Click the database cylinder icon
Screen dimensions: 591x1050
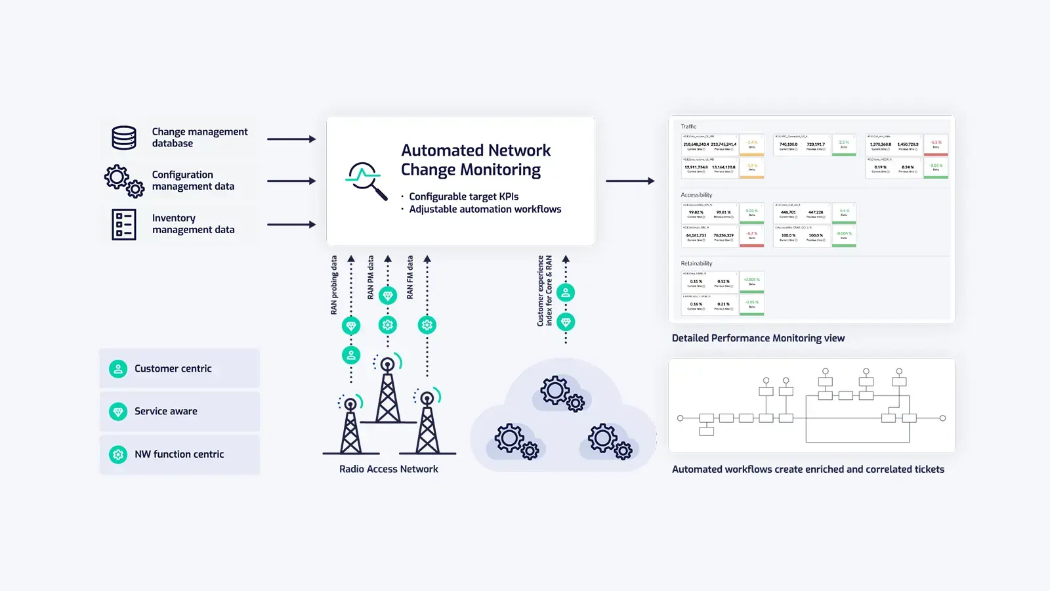[x=124, y=138]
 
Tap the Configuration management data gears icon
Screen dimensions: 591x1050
[x=124, y=181]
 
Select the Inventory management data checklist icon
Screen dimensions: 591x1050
[x=124, y=224]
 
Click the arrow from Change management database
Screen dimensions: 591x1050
[x=291, y=139]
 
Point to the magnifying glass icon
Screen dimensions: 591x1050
[x=365, y=180]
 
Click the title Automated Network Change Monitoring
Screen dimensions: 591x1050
[x=476, y=160]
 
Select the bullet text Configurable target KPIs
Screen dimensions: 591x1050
[x=463, y=196]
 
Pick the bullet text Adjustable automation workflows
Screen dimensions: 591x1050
[x=485, y=209]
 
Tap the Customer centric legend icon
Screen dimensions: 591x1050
[x=118, y=369]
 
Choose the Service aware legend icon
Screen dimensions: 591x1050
[x=118, y=412]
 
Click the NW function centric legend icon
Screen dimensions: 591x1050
[x=118, y=454]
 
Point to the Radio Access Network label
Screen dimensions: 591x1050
[x=388, y=469]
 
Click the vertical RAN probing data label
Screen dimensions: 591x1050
[x=334, y=285]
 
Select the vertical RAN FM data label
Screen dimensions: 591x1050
[x=410, y=277]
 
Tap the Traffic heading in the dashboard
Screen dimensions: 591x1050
[x=688, y=127]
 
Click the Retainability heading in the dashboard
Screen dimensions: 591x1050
[x=696, y=263]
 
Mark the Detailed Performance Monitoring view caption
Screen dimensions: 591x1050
[x=758, y=338]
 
